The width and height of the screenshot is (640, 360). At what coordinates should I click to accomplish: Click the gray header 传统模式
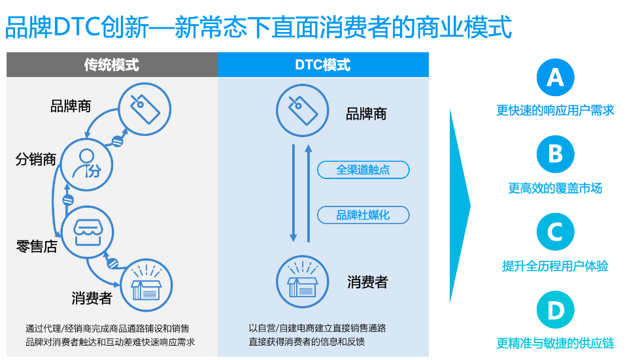pos(111,65)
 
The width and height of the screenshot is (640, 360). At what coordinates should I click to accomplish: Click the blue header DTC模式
pos(323,65)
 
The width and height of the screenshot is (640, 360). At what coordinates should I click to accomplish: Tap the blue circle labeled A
pos(555,78)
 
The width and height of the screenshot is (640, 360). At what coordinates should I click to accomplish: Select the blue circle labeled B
pos(555,154)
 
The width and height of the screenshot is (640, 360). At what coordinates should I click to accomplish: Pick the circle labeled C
pos(555,232)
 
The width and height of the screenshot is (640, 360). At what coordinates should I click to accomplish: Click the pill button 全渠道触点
pos(363,170)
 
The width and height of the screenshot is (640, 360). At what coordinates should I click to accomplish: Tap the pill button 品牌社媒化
pos(363,215)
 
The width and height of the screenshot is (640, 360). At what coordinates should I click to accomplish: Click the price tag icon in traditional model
pos(144,110)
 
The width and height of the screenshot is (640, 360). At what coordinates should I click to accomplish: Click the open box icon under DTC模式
pos(302,282)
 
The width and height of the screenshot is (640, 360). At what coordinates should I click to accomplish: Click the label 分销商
pos(36,159)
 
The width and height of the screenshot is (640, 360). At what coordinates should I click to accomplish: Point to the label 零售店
pos(37,246)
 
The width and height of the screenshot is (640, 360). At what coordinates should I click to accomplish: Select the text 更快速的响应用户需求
pos(555,110)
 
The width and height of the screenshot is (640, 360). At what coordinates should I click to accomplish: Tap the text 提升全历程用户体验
pos(555,266)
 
